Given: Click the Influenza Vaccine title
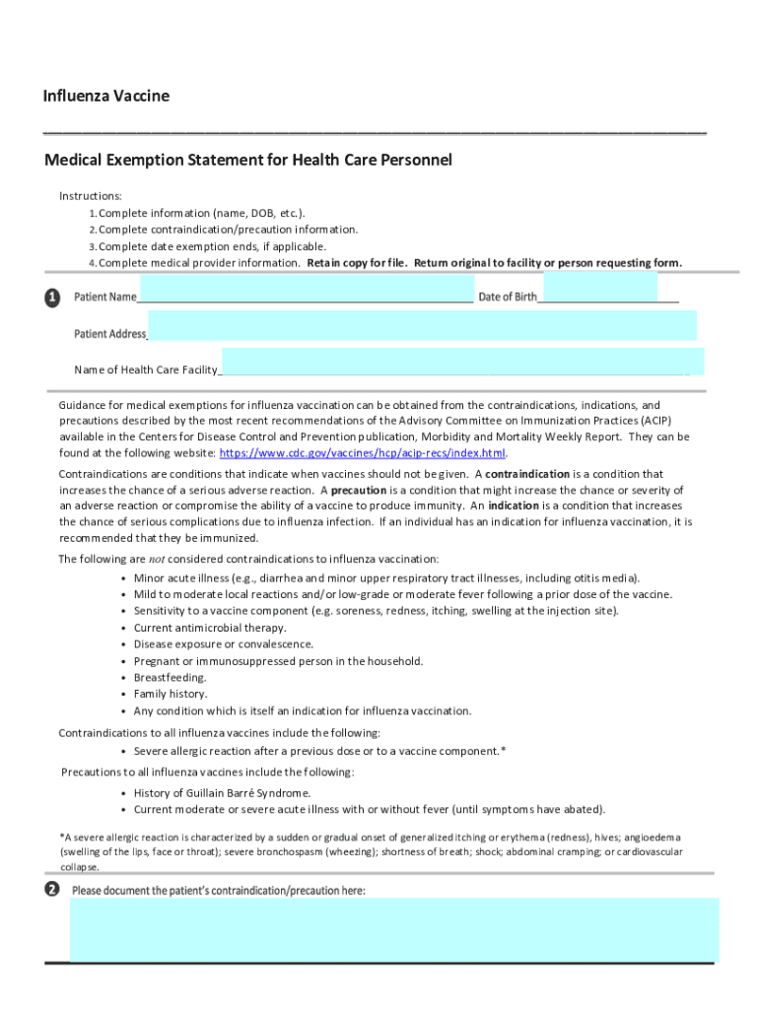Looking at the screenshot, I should (105, 96).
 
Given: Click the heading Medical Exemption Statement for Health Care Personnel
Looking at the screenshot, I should (247, 160).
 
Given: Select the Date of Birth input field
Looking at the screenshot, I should (599, 288).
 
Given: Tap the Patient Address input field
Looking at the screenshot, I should (422, 325).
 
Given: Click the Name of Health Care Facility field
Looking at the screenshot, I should (463, 361).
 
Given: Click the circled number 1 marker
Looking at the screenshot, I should (52, 297).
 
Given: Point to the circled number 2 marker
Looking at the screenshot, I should (52, 890).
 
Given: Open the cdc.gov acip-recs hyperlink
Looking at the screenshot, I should (362, 453).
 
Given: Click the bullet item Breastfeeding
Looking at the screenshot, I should (171, 678).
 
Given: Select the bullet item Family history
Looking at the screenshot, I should (171, 695).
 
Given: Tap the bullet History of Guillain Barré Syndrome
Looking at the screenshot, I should (223, 793).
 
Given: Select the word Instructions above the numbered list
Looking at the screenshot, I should (91, 196).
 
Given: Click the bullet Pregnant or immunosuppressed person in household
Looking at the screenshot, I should (278, 661).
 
